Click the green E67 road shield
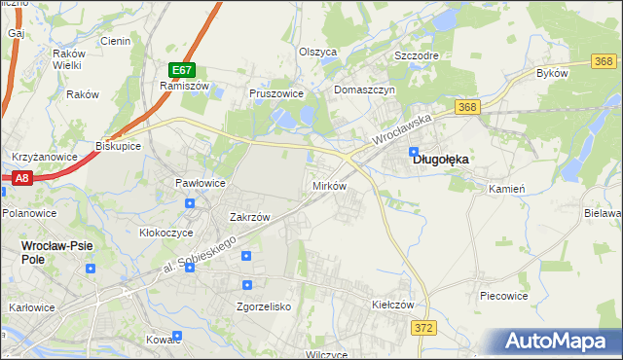tap(182, 70)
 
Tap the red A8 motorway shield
tap(22, 177)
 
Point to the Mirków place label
tap(328, 185)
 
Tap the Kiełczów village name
tap(394, 305)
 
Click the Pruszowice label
tap(277, 94)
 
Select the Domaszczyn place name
tap(364, 90)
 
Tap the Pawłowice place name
tap(200, 183)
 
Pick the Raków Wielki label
tap(67, 58)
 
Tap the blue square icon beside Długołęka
tap(415, 152)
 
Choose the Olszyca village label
tap(317, 52)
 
